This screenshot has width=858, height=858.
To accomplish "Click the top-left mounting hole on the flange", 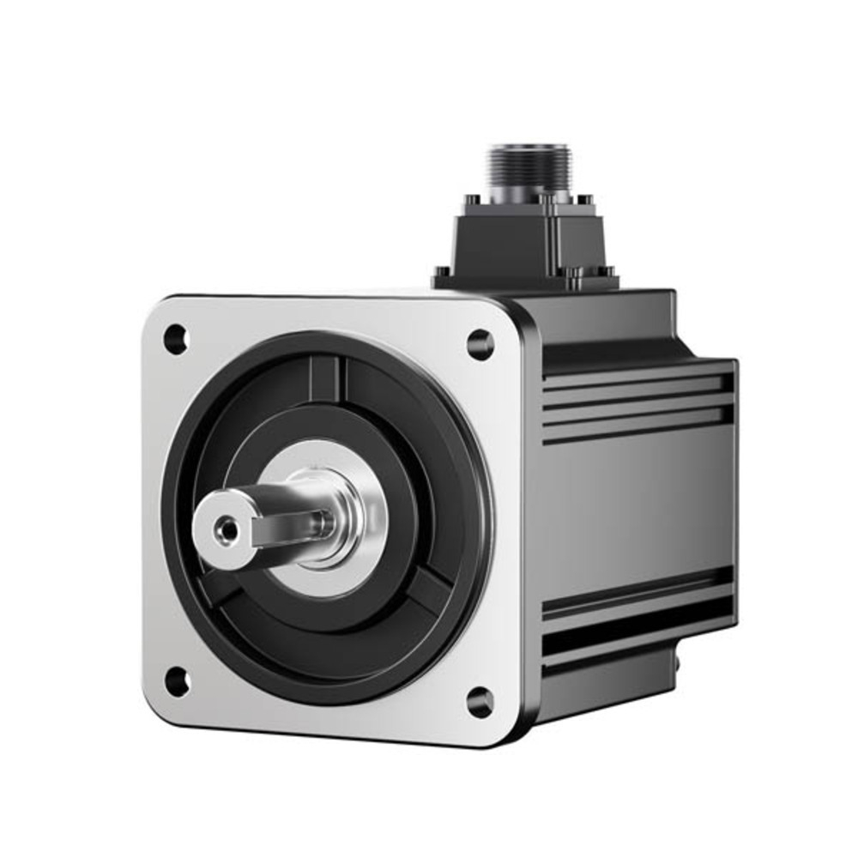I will pyautogui.click(x=175, y=339).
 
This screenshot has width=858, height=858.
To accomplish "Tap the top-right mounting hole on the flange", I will pyautogui.click(x=480, y=344).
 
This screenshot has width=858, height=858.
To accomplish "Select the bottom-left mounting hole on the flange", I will pyautogui.click(x=177, y=682).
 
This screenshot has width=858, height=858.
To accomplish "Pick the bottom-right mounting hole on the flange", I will pyautogui.click(x=480, y=702).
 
